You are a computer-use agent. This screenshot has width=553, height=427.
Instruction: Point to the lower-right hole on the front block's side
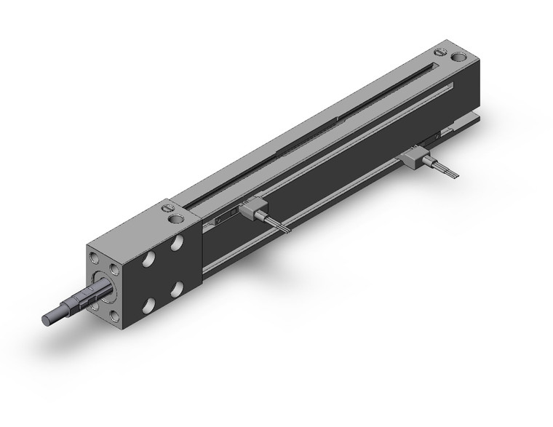coord(178,289)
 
